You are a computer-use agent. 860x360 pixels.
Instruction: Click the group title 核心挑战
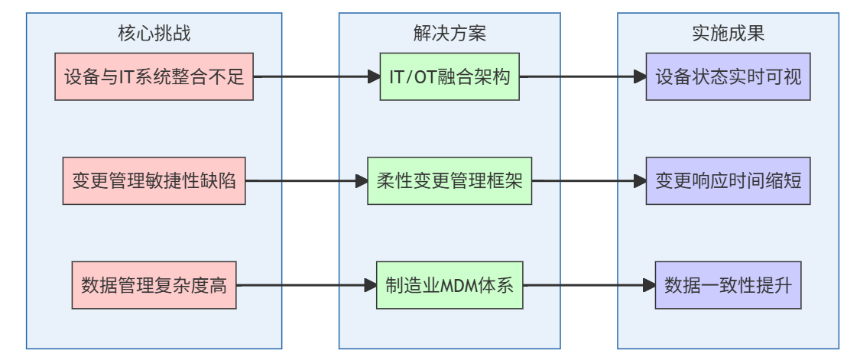coord(154,34)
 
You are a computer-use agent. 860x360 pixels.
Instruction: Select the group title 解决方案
coord(449,34)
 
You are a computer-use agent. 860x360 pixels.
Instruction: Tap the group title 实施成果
coord(728,34)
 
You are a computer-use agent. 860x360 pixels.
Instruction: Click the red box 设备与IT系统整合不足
coord(154,77)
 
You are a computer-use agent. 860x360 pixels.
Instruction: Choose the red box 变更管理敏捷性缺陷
coord(154,182)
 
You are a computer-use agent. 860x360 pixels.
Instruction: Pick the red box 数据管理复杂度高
coord(154,286)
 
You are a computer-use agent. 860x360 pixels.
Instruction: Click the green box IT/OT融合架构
coord(449,77)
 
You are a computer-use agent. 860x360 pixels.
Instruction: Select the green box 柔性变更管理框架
coord(449,182)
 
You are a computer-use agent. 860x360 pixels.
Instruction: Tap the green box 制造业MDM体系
coord(449,286)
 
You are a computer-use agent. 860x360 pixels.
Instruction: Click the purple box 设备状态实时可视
coord(728,77)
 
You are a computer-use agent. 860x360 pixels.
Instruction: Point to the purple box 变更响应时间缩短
coord(728,182)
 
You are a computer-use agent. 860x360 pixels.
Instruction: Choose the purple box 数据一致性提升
coord(728,286)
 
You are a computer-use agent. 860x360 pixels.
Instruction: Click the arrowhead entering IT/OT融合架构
coord(374,77)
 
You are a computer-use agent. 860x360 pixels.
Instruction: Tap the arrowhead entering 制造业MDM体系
coord(370,286)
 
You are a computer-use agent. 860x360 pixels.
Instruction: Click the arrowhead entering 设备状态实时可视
coord(640,77)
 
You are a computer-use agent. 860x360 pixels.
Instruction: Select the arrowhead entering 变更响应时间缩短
coord(640,182)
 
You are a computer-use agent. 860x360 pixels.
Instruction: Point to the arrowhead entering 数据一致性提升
coord(649,286)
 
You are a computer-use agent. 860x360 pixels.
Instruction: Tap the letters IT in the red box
coord(125,78)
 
